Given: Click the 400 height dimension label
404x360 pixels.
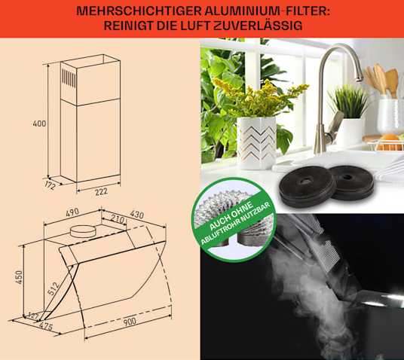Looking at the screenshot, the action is (39, 124).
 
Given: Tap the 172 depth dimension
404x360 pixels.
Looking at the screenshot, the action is (50, 185).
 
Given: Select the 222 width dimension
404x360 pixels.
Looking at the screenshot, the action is (101, 191).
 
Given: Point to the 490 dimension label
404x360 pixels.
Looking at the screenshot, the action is (72, 212).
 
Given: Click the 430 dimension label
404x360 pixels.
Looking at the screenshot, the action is (137, 214).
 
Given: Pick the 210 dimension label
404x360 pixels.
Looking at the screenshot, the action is (118, 219).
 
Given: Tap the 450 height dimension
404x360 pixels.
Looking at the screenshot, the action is (19, 277).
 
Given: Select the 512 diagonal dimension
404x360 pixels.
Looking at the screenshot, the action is (54, 288).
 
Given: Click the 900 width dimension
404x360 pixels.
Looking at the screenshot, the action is (130, 322).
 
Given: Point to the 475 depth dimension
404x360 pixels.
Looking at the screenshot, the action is (46, 327).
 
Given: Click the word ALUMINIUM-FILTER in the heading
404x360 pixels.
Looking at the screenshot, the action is (267, 11).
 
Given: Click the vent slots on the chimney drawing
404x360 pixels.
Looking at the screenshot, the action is (69, 78).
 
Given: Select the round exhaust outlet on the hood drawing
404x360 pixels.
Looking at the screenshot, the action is (83, 231).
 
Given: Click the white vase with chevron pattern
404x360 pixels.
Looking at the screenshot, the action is (256, 142).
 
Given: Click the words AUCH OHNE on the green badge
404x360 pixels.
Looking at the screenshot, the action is (231, 215).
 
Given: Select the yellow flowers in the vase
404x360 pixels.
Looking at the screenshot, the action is (260, 97).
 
